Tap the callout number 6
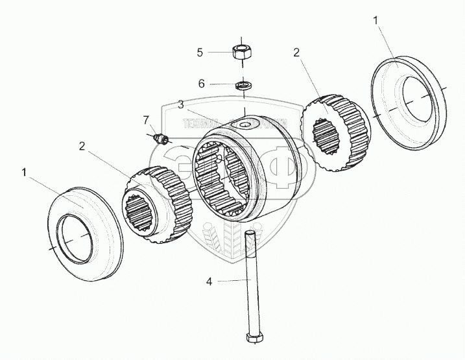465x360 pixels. [x=200, y=84]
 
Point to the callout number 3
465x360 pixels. [x=181, y=104]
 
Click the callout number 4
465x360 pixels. [x=208, y=281]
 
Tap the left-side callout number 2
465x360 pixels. [x=82, y=146]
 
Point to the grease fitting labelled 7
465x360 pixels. [x=161, y=138]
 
